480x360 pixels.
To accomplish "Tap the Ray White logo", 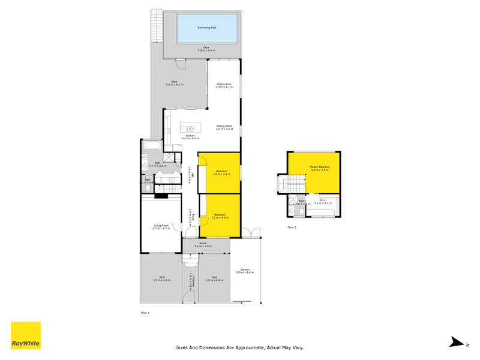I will (x=26, y=336).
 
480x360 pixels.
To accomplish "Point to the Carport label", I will (x=245, y=269).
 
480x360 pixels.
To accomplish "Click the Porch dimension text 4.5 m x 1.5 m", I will (x=203, y=247).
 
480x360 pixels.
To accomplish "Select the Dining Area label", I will (x=224, y=85).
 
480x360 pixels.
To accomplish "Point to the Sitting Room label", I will (x=224, y=126).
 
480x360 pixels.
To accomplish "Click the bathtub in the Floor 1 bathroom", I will (x=151, y=145).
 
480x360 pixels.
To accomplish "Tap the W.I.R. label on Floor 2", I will (x=323, y=201).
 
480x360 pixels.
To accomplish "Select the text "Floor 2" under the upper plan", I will (x=292, y=227).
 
